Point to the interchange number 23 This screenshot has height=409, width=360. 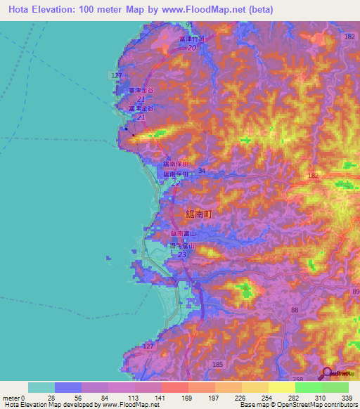point(182,255)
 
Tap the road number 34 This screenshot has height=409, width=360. point(202,170)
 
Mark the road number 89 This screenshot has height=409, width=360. point(354,290)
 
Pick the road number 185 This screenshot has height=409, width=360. point(217,364)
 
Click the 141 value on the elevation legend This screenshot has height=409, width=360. point(160,397)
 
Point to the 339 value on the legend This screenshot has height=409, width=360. point(347,397)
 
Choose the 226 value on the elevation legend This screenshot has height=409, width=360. point(240,397)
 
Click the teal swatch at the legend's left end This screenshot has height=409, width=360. point(41,387)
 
